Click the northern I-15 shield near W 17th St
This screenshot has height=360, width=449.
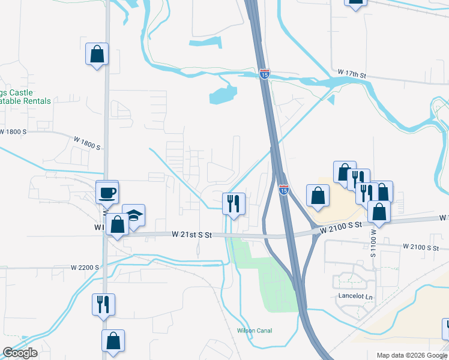click(265, 74)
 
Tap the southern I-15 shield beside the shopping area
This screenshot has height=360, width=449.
click(284, 190)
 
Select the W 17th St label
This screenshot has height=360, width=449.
click(352, 73)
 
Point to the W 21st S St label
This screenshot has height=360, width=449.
click(192, 235)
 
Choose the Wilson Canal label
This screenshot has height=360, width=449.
click(255, 331)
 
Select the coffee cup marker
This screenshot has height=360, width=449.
click(107, 193)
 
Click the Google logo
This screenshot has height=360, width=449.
click(20, 353)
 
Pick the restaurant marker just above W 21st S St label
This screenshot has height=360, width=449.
click(234, 203)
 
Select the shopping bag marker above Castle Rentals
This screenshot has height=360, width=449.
click(96, 55)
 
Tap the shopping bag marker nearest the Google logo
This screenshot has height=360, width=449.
click(113, 341)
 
